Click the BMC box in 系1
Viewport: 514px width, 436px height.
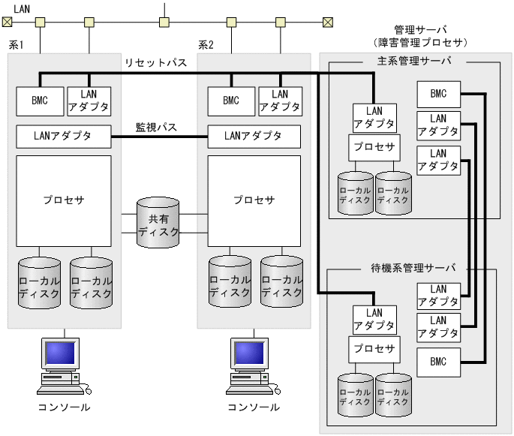pyautogui.click(x=38, y=101)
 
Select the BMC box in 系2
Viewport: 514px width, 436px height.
pyautogui.click(x=230, y=101)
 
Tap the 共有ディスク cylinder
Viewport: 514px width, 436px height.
pyautogui.click(x=158, y=223)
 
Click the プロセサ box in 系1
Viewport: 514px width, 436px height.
pyautogui.click(x=64, y=200)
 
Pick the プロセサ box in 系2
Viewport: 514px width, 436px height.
pyautogui.click(x=254, y=200)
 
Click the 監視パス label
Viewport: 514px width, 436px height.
pyautogui.click(x=156, y=127)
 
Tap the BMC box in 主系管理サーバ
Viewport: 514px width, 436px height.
pyautogui.click(x=439, y=94)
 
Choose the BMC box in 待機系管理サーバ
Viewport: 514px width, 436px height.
pyautogui.click(x=439, y=362)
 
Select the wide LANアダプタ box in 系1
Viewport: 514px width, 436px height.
pyautogui.click(x=64, y=137)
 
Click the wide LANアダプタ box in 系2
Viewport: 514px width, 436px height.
pyautogui.click(x=254, y=137)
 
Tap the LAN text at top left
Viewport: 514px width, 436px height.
pyautogui.click(x=23, y=7)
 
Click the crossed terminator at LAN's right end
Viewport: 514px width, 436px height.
pyautogui.click(x=328, y=22)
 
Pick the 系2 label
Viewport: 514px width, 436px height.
pyautogui.click(x=206, y=45)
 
